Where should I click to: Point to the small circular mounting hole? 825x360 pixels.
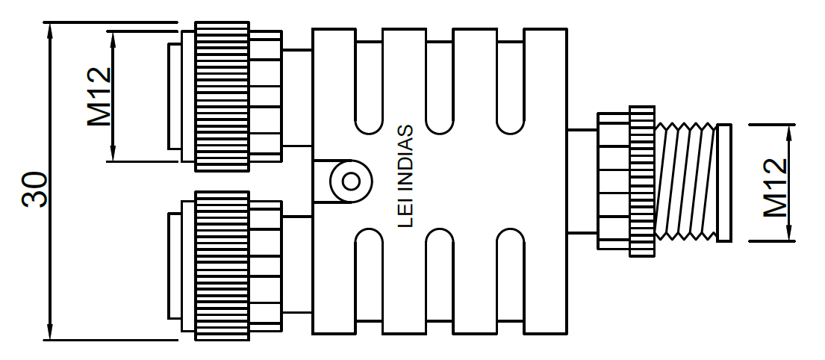[x=348, y=180]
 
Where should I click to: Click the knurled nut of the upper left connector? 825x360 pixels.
[x=222, y=96]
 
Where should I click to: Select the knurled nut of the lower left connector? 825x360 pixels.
[x=222, y=265]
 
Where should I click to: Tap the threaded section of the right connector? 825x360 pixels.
[x=685, y=181]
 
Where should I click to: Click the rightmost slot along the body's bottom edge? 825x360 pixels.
[x=511, y=280]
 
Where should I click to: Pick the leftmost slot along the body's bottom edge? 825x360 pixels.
[x=370, y=280]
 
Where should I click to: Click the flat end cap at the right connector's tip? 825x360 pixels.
[x=723, y=183]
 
